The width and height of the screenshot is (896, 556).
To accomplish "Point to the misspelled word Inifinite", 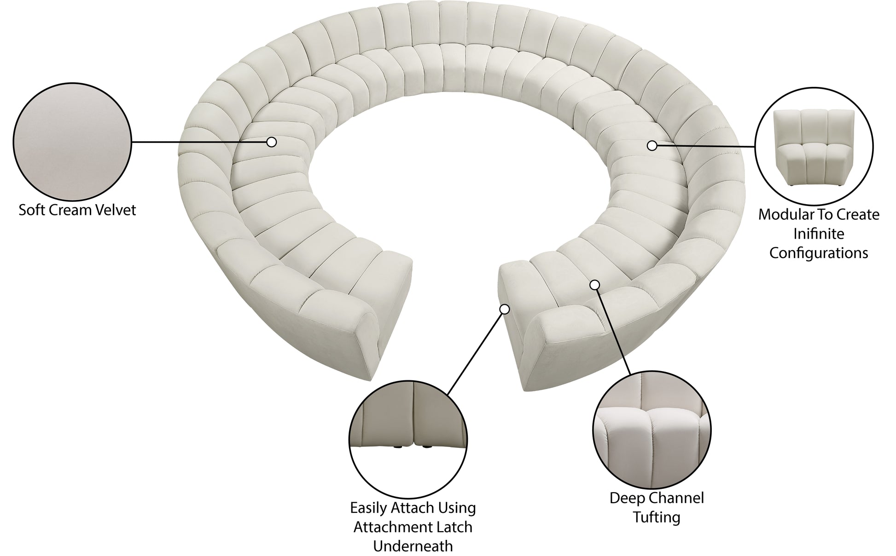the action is [x=819, y=234].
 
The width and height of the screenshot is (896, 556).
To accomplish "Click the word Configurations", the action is [x=819, y=253].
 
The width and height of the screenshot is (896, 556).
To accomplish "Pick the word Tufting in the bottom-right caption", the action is [x=657, y=517].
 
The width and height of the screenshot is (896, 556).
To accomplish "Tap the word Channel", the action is [x=676, y=498].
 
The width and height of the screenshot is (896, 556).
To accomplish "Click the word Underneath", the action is [x=413, y=546].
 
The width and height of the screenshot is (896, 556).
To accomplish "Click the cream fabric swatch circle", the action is [x=72, y=142].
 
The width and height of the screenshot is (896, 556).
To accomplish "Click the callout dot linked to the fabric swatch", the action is [x=272, y=142].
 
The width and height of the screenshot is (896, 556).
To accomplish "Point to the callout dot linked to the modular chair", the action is [x=652, y=146].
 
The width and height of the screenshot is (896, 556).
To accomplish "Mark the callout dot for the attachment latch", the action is [x=505, y=309].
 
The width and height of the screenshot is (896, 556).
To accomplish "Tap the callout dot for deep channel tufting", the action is [x=595, y=285].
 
